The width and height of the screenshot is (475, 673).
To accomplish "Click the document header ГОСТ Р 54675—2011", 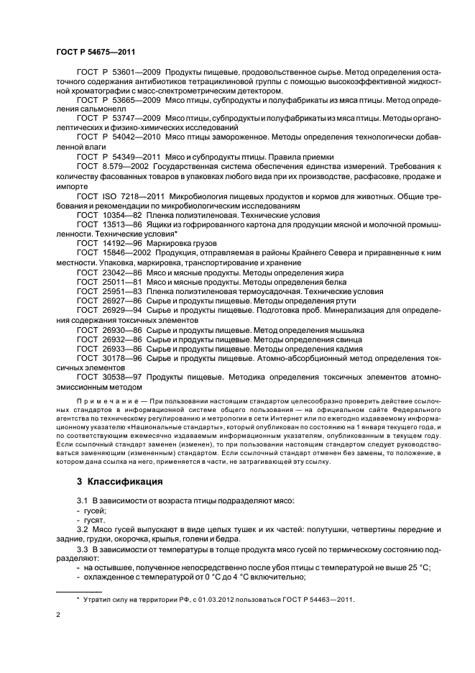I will pyautogui.click(x=96, y=52).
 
